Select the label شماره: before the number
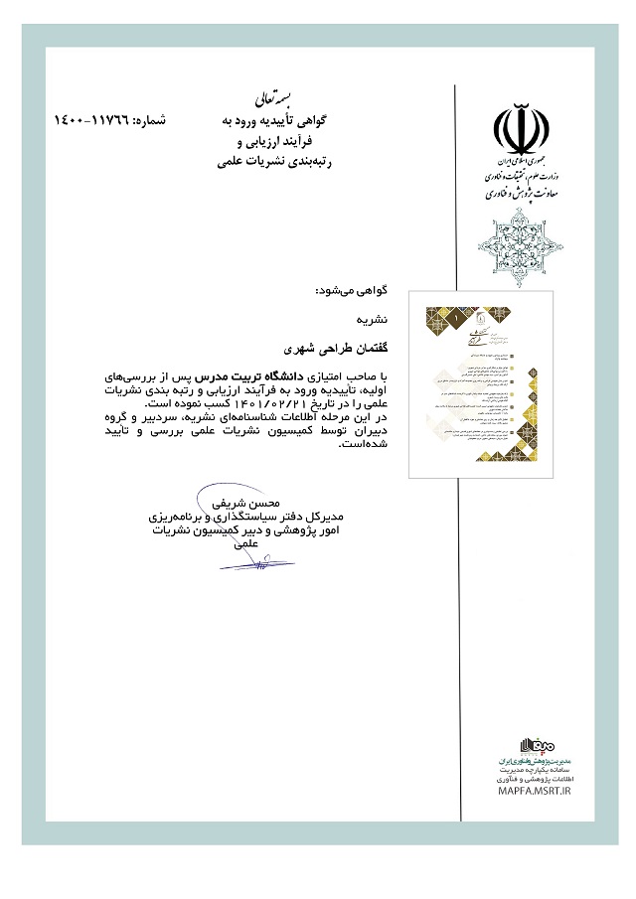pyautogui.click(x=144, y=120)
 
